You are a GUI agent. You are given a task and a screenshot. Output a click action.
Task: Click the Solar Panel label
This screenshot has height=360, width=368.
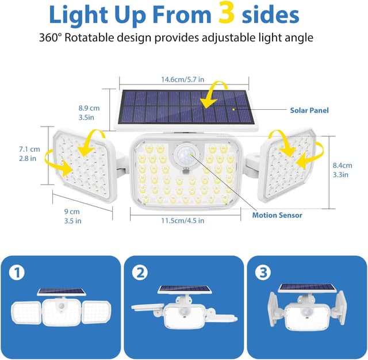pyautogui.click(x=310, y=110)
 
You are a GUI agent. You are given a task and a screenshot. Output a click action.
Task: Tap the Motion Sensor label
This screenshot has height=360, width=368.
pyautogui.click(x=277, y=215)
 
